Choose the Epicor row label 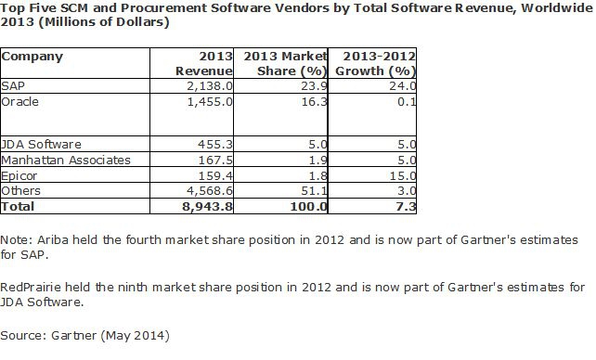[x=19, y=174]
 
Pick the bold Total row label [x=18, y=203]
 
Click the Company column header [x=32, y=57]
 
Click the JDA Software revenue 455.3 [x=206, y=144]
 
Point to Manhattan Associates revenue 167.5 [x=206, y=159]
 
